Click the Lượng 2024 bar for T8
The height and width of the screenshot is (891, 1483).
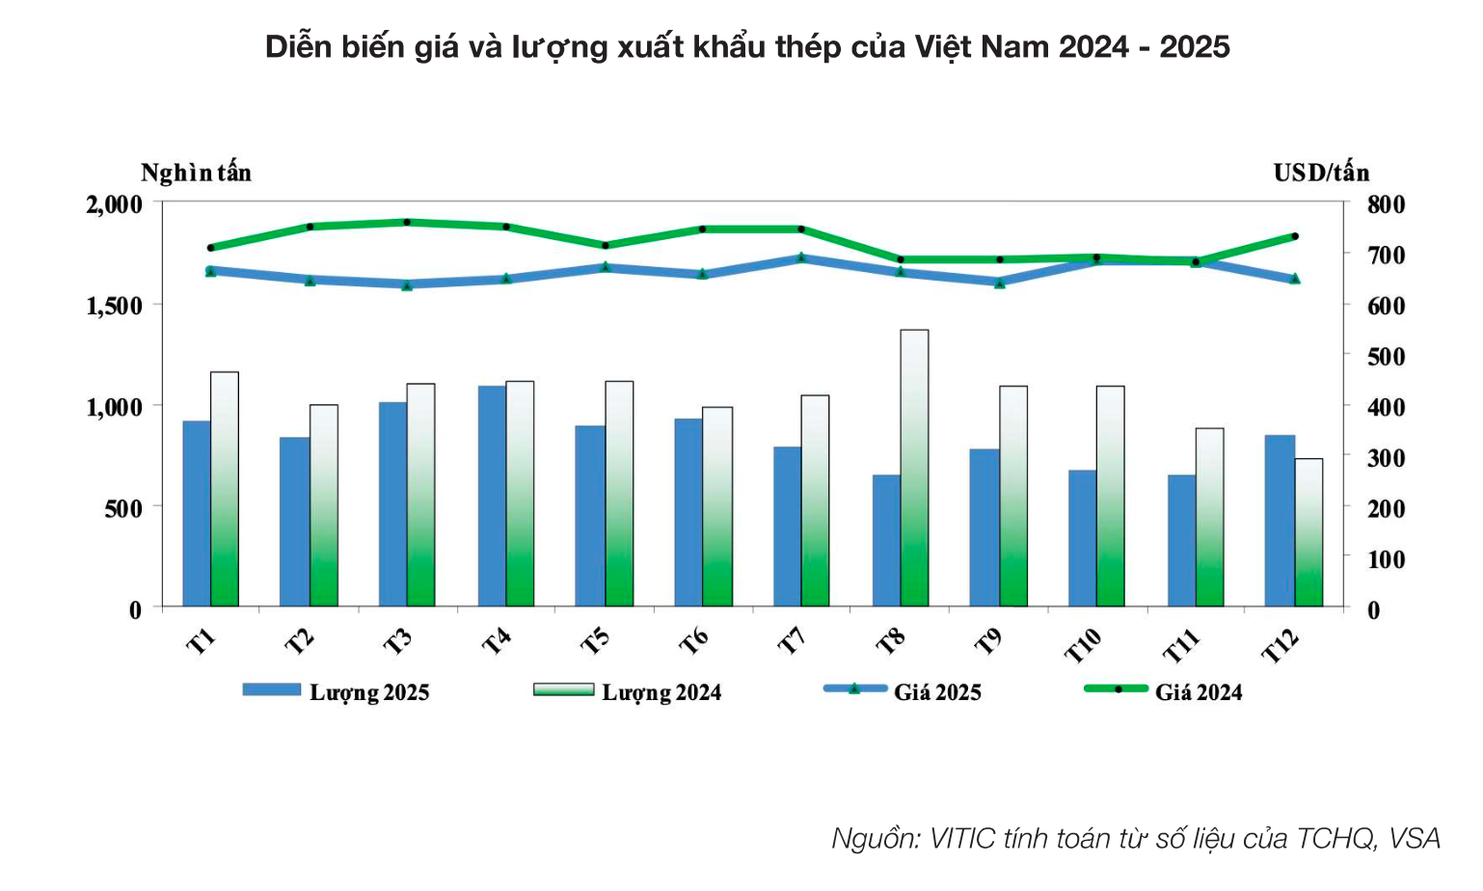[914, 468]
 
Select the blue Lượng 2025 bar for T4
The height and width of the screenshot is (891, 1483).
[492, 496]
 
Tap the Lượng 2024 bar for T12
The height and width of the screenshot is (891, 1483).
[1308, 532]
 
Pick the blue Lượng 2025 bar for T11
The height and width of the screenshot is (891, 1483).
[1181, 540]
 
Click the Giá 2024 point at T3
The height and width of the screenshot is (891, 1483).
[407, 222]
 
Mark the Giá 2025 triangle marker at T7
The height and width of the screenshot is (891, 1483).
[801, 257]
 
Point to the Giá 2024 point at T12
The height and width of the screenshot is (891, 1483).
[1295, 236]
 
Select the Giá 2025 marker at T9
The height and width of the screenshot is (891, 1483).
[1000, 283]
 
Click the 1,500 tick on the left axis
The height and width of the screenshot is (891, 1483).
[115, 306]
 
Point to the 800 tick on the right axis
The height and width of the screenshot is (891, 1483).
[1386, 204]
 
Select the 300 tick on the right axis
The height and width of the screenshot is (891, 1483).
[1386, 458]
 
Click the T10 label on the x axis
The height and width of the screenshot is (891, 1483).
[1082, 644]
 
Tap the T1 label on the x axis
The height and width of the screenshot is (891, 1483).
[201, 641]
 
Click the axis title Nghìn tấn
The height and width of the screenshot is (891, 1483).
[196, 173]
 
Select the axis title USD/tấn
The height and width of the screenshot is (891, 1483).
[1321, 173]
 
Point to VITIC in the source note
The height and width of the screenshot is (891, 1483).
[961, 838]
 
